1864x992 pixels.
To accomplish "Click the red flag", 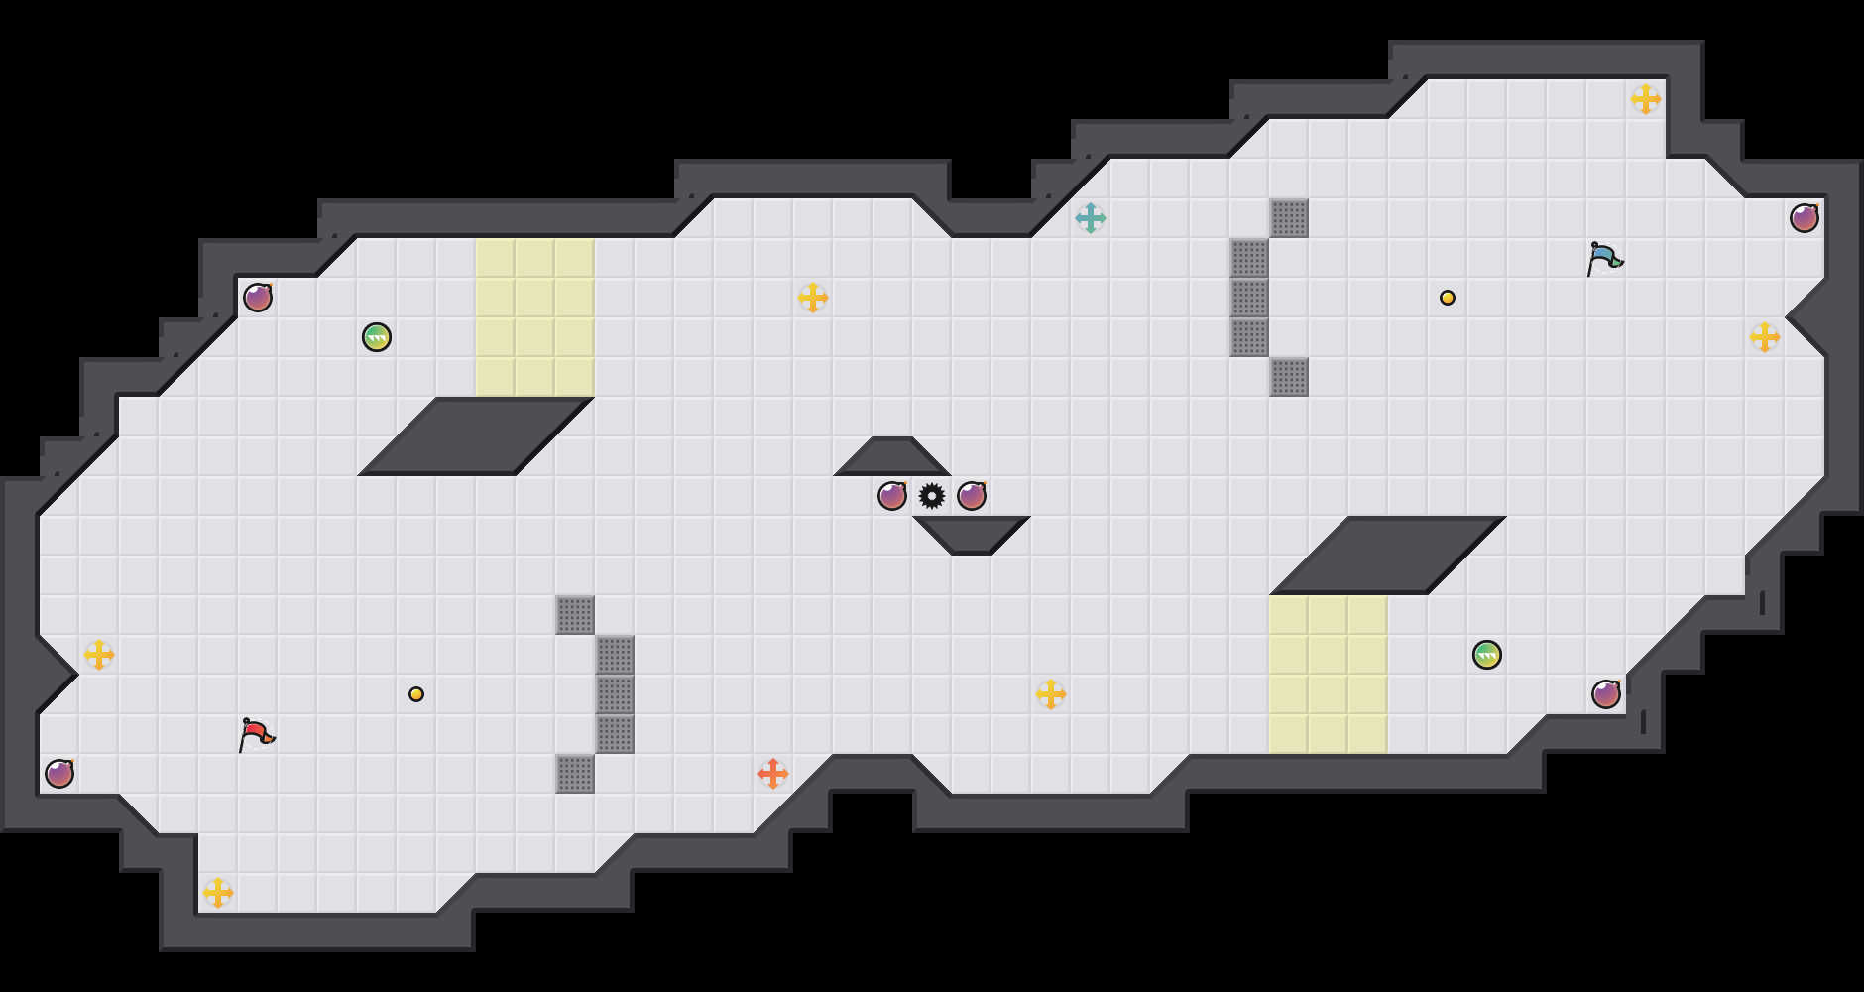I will pos(256,734).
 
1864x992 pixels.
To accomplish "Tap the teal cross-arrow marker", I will pos(1091,218).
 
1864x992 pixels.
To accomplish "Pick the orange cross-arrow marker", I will pos(773,774).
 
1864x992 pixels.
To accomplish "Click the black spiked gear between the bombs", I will pos(932,496).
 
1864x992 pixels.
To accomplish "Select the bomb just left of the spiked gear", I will pos(892,496).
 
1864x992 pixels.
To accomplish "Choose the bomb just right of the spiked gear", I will pos(972,496).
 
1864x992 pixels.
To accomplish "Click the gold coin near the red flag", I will pos(416,694).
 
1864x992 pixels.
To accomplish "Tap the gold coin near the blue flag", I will pos(1448,298).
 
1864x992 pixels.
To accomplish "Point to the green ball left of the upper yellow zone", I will pos(377,337).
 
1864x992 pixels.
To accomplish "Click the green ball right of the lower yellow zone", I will pos(1487,655).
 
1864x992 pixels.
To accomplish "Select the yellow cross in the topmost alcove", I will pos(1646,99).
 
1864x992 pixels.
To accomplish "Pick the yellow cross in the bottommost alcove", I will pos(218,893).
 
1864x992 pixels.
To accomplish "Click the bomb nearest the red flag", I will pos(59,774).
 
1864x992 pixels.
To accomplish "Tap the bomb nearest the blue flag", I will pos(1805,218).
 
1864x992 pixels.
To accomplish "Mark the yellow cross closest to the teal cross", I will pos(813,298).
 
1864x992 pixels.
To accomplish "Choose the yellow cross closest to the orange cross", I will pos(1051,694).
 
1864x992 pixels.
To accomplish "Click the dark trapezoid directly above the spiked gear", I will pos(892,458).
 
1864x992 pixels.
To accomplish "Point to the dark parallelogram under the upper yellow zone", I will pos(476,436).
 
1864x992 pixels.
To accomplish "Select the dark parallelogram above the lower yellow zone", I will pos(1388,556).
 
